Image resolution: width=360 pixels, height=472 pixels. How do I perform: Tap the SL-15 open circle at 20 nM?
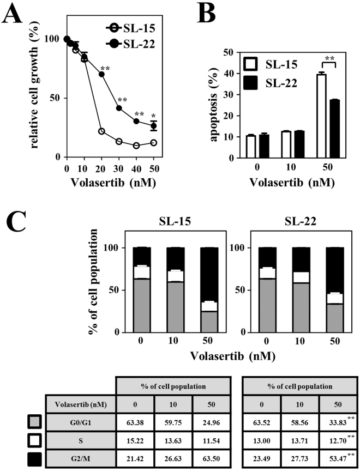pyautogui.click(x=101, y=131)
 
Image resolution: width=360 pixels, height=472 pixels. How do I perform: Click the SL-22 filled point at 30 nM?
pyautogui.click(x=119, y=108)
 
